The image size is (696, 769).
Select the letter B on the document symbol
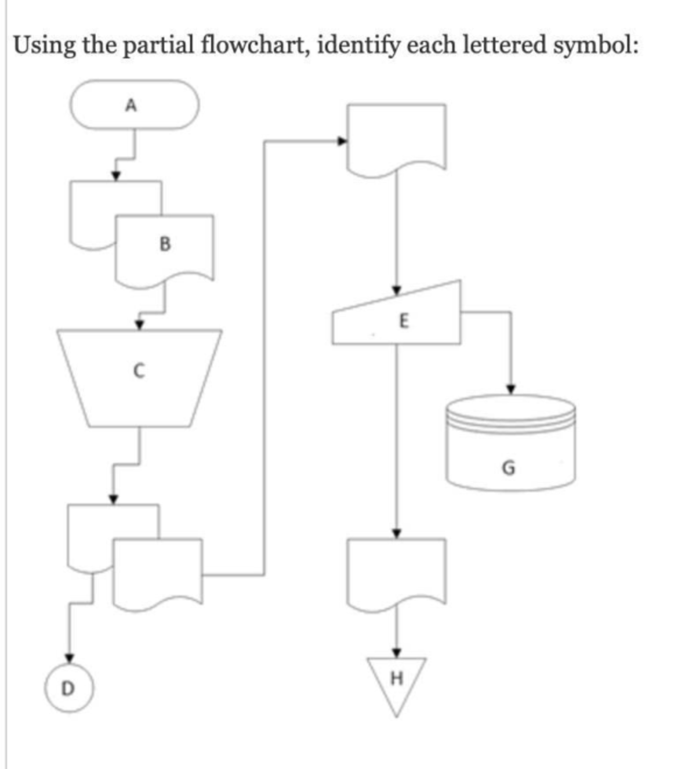click(165, 244)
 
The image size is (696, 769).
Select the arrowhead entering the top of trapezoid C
click(140, 324)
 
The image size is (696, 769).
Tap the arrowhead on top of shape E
click(397, 290)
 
